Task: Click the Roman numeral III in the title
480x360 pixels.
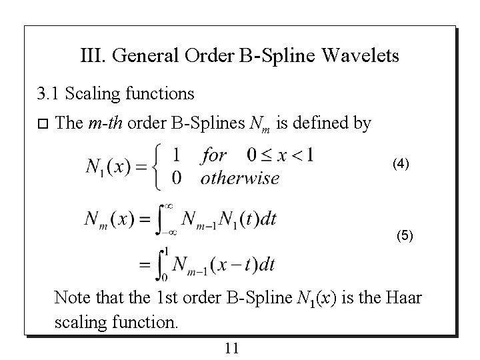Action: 91,55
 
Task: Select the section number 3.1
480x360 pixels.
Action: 49,95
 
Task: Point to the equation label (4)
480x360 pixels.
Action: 401,163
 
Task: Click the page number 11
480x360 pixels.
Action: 232,347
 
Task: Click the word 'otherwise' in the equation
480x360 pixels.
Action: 240,177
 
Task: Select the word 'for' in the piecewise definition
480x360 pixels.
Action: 213,156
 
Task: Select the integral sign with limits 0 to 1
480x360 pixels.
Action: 161,265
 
